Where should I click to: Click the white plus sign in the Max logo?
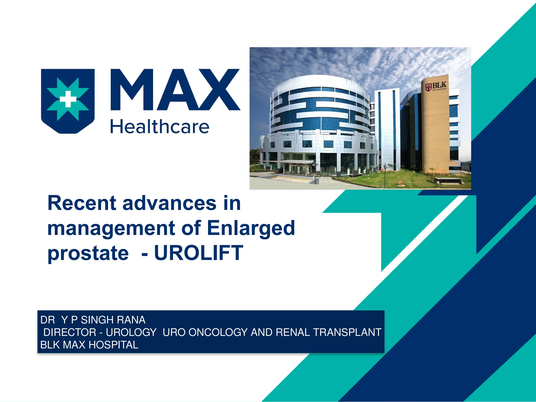[x=68, y=99]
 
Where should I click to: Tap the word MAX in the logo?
[x=175, y=90]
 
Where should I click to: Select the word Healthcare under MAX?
[x=160, y=127]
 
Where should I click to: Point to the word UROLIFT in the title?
[x=199, y=253]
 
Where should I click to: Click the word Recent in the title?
[x=82, y=203]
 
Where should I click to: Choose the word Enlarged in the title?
[x=251, y=228]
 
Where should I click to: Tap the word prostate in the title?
[x=88, y=253]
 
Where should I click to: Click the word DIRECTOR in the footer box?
[x=70, y=332]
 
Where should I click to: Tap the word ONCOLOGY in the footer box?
[x=218, y=332]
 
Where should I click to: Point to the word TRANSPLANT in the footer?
[x=347, y=332]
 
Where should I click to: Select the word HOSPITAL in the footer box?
[x=113, y=345]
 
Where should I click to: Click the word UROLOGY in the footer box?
[x=131, y=332]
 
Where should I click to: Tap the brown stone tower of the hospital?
[x=435, y=126]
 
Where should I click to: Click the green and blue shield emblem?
[x=68, y=101]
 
